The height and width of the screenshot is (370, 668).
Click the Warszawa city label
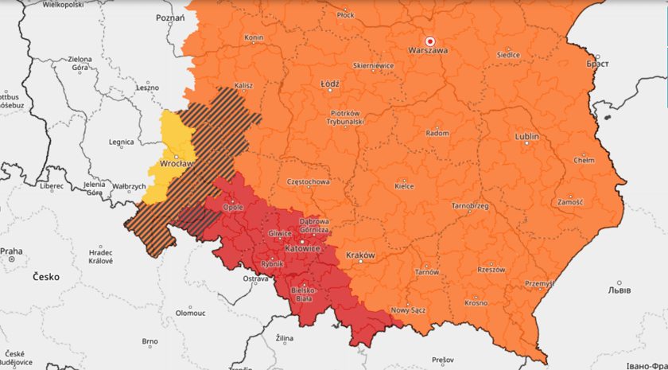[x=428, y=50]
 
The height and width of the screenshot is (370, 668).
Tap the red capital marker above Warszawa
[x=430, y=40]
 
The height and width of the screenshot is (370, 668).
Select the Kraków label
[x=360, y=255]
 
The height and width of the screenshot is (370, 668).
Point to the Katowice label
[x=302, y=249]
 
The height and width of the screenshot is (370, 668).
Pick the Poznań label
[x=170, y=18]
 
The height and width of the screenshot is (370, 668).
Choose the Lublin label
[x=527, y=137]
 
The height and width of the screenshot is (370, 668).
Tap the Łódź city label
[x=330, y=84]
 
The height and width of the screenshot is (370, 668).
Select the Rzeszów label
[x=491, y=270]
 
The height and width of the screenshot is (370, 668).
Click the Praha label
[x=12, y=251]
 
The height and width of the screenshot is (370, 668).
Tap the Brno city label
[x=150, y=341]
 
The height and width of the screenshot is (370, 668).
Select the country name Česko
[x=46, y=278]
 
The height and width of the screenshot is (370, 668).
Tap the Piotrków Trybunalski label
[x=346, y=117]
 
